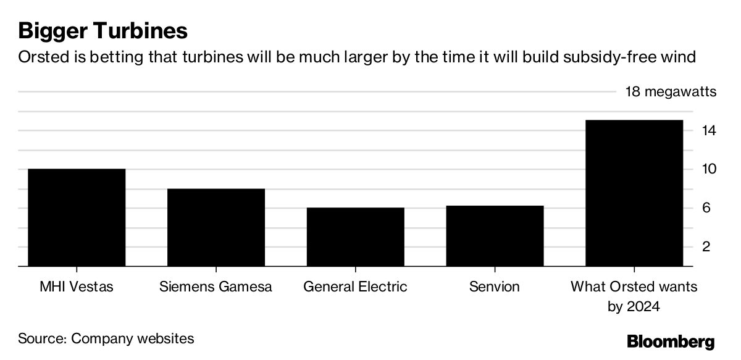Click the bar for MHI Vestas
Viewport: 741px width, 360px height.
coord(77,217)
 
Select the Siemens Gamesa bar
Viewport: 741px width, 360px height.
coord(216,227)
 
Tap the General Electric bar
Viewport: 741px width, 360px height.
coord(355,237)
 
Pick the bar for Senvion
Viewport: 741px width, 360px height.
coord(495,236)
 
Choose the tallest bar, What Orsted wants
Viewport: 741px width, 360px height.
coord(634,193)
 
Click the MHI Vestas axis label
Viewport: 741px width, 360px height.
coord(77,287)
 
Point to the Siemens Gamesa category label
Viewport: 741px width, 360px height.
coord(216,287)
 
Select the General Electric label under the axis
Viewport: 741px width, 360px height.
coord(355,287)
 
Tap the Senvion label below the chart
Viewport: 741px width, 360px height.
coord(495,287)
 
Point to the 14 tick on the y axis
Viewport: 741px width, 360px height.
coord(708,131)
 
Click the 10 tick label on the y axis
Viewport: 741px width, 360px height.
coord(708,169)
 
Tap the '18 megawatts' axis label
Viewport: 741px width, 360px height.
coord(671,92)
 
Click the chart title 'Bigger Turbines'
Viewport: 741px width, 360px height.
coord(103,30)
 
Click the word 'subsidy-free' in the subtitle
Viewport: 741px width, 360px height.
coord(621,58)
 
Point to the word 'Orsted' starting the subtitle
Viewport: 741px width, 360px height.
coord(40,57)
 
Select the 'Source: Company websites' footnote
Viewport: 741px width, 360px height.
coord(106,338)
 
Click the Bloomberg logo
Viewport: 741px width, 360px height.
coord(671,341)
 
